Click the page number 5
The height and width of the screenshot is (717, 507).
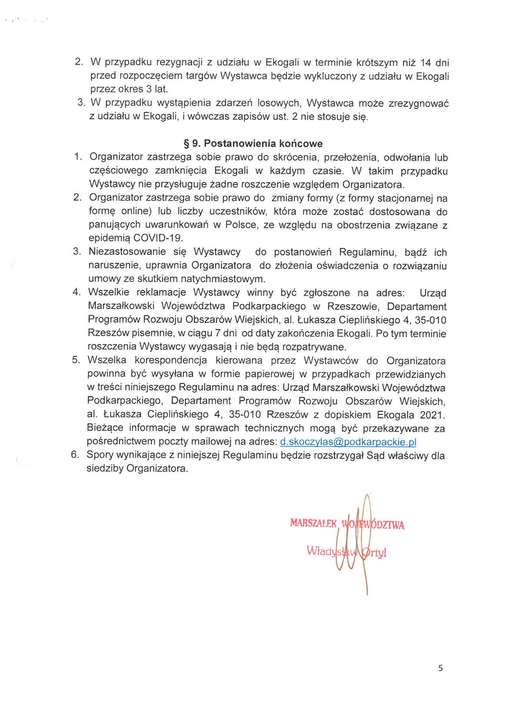pyautogui.click(x=440, y=668)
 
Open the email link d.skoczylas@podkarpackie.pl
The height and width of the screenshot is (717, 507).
pyautogui.click(x=348, y=442)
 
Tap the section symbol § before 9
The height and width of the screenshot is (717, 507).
pyautogui.click(x=186, y=144)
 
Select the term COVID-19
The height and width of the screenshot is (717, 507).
pyautogui.click(x=158, y=238)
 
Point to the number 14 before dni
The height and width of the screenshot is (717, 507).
pyautogui.click(x=426, y=63)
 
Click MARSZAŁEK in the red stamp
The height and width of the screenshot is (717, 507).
pyautogui.click(x=313, y=523)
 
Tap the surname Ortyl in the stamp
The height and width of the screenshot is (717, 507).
pyautogui.click(x=374, y=552)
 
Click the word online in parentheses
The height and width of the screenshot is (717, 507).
pyautogui.click(x=136, y=211)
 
